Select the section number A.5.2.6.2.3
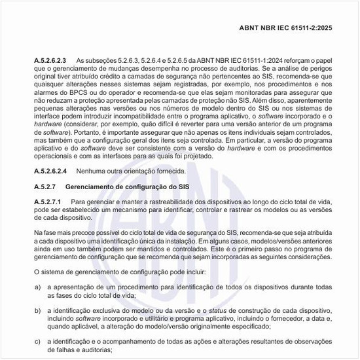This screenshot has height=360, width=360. [x=50, y=60]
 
